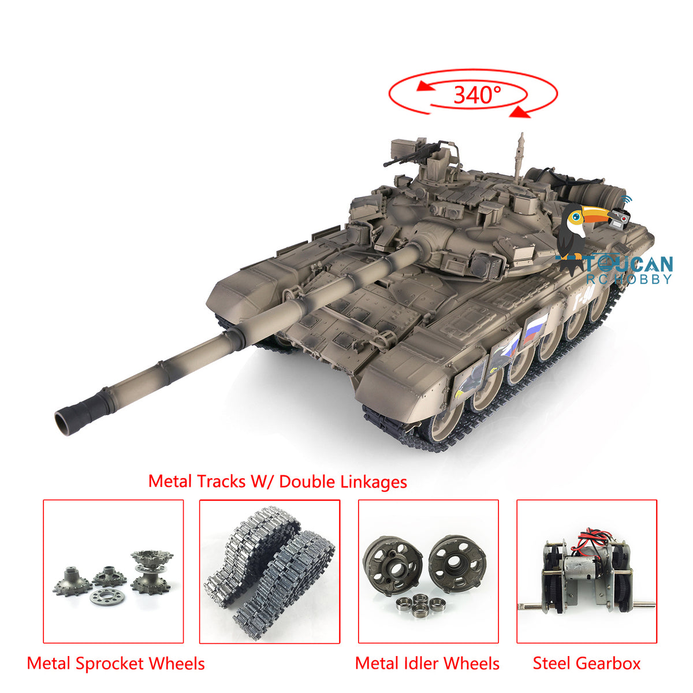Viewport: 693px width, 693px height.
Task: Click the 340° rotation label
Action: (x=477, y=95)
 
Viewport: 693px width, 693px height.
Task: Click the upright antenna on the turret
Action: (x=519, y=158)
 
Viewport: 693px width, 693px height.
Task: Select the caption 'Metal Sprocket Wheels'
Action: (x=116, y=664)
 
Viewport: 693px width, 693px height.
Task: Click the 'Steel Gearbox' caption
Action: (x=587, y=663)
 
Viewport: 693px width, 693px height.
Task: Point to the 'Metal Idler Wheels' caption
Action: (x=427, y=664)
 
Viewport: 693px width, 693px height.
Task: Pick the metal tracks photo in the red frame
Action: (x=269, y=572)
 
